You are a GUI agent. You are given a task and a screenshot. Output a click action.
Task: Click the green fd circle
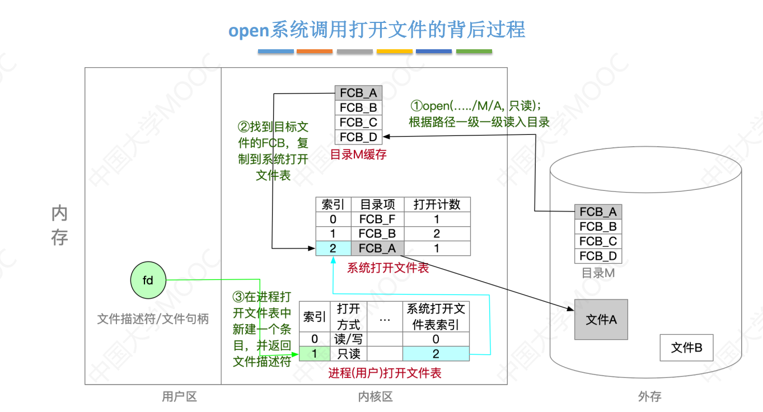coord(148,280)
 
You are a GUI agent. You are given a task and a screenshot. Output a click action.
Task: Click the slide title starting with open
coord(376,30)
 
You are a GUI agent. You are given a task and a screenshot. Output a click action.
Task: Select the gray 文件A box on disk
coord(601,320)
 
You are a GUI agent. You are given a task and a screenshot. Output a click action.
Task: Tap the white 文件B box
coord(686,348)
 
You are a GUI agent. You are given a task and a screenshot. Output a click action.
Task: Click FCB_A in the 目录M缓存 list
coord(358,93)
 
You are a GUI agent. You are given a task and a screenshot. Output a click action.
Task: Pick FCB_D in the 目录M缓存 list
coord(358,137)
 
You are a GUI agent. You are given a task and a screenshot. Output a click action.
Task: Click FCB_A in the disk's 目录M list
coord(598,212)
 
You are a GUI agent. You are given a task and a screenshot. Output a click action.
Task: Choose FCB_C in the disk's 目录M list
coord(598,241)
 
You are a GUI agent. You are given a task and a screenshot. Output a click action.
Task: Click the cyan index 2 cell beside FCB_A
coord(333,249)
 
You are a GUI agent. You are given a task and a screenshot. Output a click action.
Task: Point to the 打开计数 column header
coord(437,204)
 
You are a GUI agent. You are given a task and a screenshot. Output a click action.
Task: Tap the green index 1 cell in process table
coord(315,354)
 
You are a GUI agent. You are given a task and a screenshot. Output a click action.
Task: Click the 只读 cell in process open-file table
coord(348,354)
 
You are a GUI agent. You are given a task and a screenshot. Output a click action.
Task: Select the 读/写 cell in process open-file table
coord(348,339)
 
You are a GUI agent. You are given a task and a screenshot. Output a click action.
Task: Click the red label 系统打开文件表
coord(388,268)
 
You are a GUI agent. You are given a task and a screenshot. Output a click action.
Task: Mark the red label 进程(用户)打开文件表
coord(385,373)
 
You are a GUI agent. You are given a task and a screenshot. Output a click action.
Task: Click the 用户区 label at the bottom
coord(179,397)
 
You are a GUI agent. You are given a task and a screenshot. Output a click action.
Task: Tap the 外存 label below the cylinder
coord(649,397)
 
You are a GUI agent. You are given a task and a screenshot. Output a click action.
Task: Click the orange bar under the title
coord(314,52)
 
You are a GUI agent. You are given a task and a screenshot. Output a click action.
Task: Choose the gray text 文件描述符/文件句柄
coord(153,319)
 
